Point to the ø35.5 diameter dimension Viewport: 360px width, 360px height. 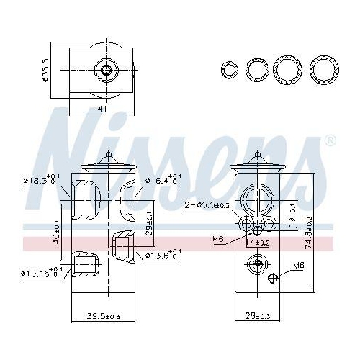tap(46, 70)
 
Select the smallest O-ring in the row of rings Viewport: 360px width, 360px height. tap(229, 70)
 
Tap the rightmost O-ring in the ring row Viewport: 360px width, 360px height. tap(323, 70)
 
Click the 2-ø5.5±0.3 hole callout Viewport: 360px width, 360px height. tap(208, 206)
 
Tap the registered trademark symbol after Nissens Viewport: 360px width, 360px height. tap(330, 139)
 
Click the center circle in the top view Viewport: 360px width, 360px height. tap(108, 69)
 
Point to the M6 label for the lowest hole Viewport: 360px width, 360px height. tap(297, 266)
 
